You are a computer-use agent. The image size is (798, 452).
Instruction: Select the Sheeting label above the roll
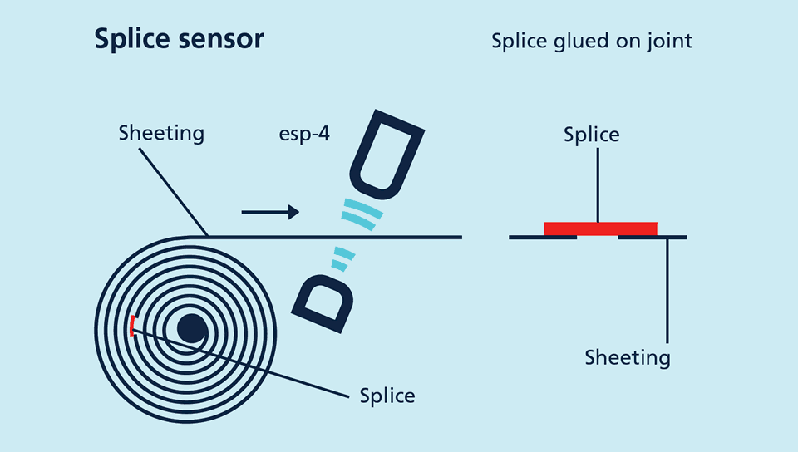click(x=161, y=133)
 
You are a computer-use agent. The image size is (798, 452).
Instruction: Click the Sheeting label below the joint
click(x=627, y=358)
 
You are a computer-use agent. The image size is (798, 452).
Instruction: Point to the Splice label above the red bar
click(x=591, y=135)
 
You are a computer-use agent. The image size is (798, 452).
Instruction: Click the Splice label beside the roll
click(x=387, y=395)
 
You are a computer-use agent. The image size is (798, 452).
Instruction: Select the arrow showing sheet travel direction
click(x=270, y=213)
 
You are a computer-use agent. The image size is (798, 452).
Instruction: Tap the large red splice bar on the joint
click(x=600, y=228)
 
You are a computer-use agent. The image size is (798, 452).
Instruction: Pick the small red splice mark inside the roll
click(x=131, y=326)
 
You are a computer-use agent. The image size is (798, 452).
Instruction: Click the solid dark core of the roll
click(x=192, y=329)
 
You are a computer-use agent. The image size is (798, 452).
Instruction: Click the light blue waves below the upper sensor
click(x=363, y=213)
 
